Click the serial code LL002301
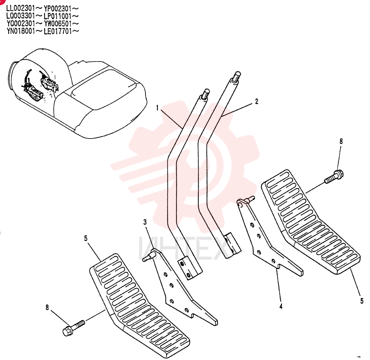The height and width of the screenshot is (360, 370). point(20,9)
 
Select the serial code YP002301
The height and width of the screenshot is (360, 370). point(58,9)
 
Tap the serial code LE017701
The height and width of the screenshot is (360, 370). point(58,31)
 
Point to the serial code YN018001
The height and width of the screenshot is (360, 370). point(21,31)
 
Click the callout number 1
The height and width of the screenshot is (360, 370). point(157,108)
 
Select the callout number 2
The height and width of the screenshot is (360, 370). point(257,101)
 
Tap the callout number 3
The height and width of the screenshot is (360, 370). point(145,222)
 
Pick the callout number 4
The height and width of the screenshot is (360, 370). point(281,306)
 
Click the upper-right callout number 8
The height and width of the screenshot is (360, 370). point(341,141)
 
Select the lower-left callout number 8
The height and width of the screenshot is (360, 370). point(47,307)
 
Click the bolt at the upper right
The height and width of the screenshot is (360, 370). point(334,177)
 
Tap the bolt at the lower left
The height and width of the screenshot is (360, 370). point(74,328)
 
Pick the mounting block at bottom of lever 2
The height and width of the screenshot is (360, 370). point(232,246)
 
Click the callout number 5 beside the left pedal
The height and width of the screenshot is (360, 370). point(86,239)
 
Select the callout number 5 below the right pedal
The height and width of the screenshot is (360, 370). point(362,301)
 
